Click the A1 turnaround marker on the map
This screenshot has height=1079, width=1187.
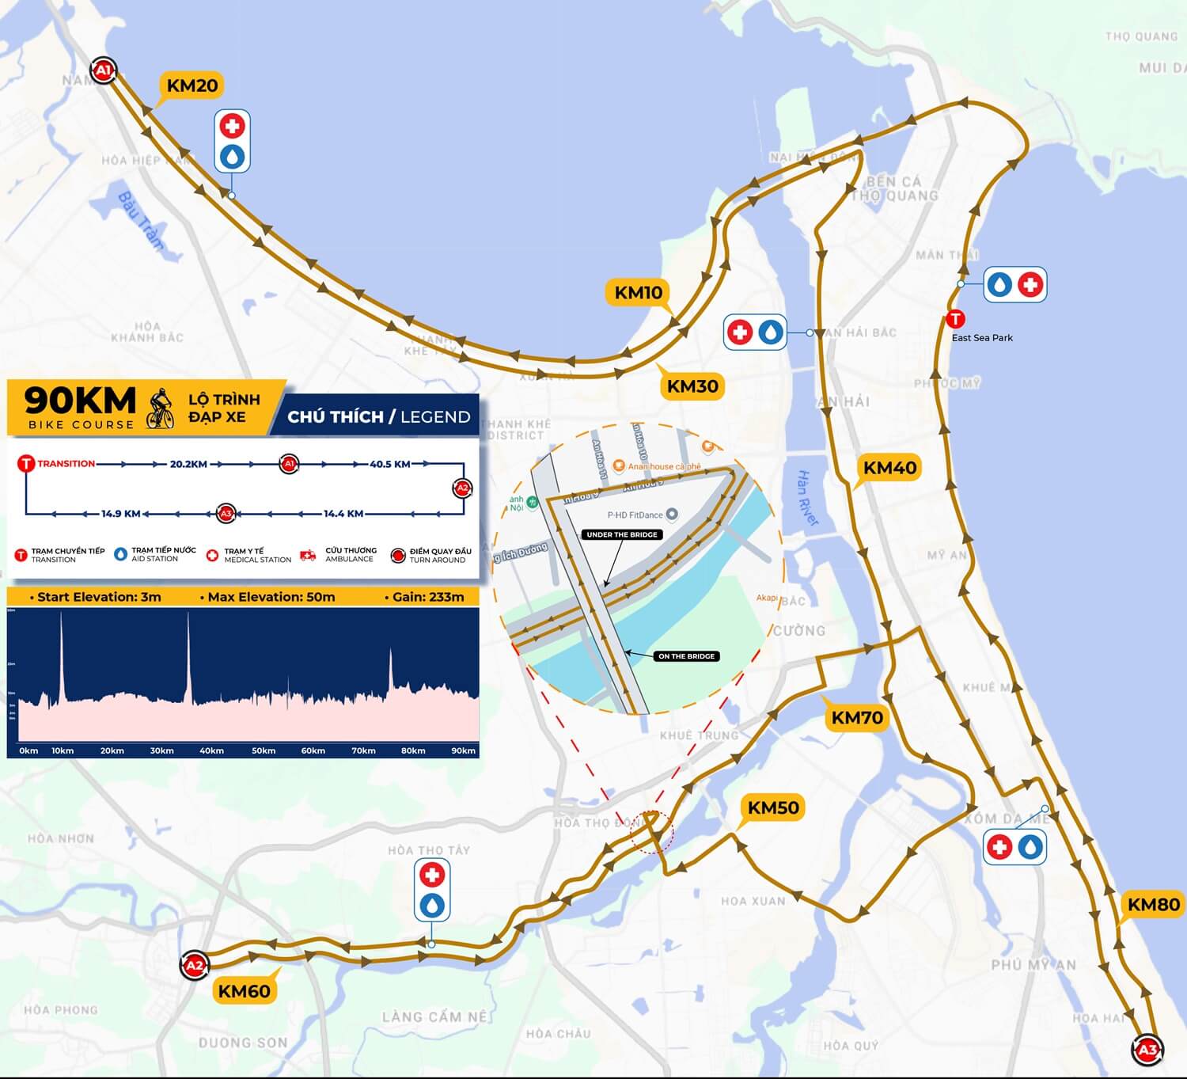103,71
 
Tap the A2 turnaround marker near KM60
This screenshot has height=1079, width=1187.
193,965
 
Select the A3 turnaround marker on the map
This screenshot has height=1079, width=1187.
1147,1051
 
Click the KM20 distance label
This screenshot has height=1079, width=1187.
192,85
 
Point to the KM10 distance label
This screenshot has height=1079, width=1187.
639,292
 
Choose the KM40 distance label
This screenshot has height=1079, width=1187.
889,468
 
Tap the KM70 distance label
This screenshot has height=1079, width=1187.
857,718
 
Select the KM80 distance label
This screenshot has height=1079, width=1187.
1153,904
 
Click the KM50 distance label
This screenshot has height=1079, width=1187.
773,807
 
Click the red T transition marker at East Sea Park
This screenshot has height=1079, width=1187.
956,319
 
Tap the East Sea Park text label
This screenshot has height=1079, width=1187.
982,338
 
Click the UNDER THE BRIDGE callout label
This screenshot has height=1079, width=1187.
622,535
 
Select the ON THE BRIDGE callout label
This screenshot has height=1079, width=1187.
686,656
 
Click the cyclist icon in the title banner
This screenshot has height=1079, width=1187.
161,408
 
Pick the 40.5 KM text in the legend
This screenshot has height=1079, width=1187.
390,464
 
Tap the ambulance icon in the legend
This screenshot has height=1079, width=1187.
309,556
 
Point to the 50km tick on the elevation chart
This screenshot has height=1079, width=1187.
264,750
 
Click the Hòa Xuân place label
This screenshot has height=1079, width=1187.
753,901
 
